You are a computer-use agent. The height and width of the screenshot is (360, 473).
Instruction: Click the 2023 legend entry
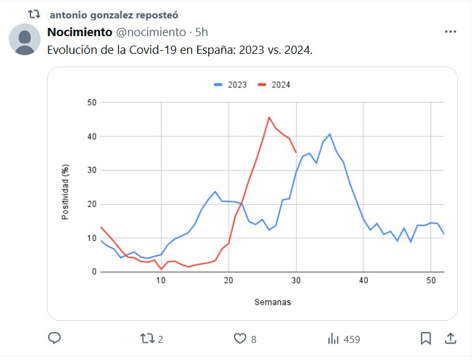(x=231, y=85)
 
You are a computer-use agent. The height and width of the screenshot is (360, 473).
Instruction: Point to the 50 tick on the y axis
(x=91, y=103)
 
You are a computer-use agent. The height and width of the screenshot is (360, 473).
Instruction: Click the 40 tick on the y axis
(x=91, y=136)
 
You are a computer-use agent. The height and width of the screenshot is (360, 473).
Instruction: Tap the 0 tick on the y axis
(x=94, y=272)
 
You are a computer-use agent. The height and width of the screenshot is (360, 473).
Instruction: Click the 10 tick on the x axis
(x=161, y=280)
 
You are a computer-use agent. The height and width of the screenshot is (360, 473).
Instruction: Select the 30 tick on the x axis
(x=296, y=280)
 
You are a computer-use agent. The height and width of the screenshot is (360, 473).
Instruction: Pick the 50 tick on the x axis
(x=431, y=280)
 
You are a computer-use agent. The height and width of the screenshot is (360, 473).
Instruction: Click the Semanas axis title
(x=273, y=302)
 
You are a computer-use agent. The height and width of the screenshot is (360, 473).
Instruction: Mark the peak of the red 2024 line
(x=269, y=117)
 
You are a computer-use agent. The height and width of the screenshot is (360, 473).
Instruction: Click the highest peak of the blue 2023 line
(x=330, y=134)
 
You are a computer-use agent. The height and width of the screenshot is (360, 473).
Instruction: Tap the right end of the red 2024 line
(x=296, y=152)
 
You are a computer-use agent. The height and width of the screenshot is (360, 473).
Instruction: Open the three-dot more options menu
(x=451, y=32)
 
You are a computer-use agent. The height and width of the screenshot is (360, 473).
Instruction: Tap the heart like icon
(x=240, y=339)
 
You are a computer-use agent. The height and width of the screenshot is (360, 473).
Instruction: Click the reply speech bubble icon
(x=55, y=339)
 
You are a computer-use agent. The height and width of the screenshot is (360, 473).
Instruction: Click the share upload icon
(x=451, y=339)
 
